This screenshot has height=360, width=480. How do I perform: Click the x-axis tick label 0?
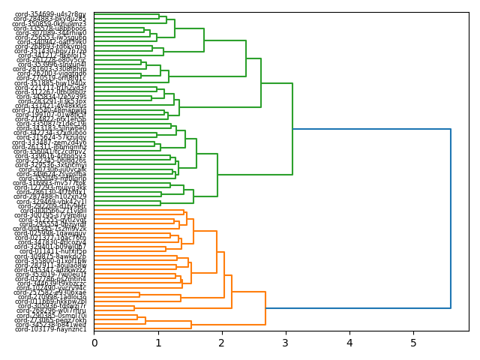tap(94, 343)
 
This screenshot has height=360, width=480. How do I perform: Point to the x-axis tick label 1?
tap(158, 343)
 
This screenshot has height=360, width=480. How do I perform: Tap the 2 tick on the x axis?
tap(222, 343)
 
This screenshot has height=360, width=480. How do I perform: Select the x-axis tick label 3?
tap(286, 343)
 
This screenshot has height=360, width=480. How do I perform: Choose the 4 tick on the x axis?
tap(349, 343)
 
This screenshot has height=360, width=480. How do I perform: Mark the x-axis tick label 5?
tap(413, 343)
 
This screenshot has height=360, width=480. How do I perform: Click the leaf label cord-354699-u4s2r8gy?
tap(50, 14)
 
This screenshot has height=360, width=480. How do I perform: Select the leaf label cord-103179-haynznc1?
tap(50, 329)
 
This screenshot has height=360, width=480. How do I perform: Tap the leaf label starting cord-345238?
tap(50, 325)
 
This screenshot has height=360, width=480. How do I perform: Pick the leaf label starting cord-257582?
tap(50, 292)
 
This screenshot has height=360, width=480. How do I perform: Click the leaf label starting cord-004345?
tap(50, 228)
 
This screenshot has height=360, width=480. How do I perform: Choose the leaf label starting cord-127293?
tap(50, 187)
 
